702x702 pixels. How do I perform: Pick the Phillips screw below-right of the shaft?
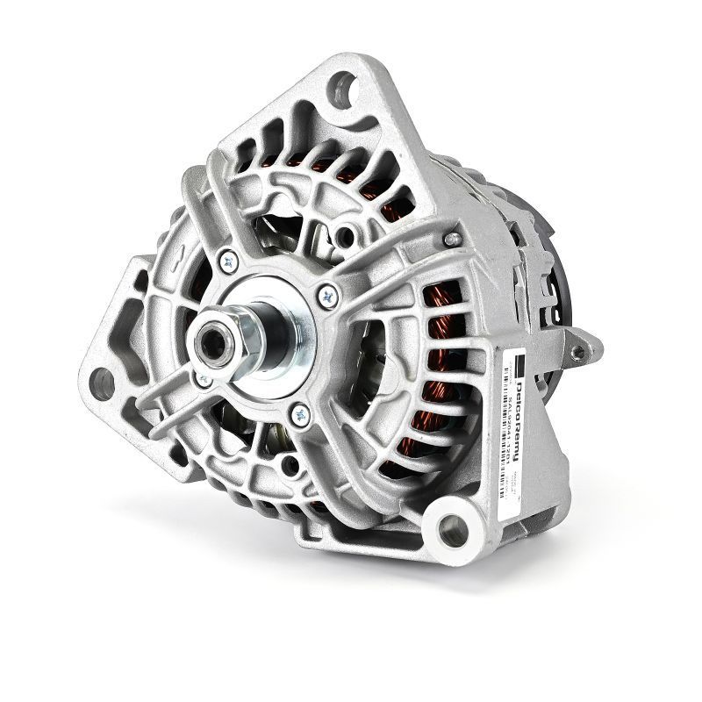(x=296, y=408)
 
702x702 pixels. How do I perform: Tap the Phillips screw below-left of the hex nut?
(x=203, y=378)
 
